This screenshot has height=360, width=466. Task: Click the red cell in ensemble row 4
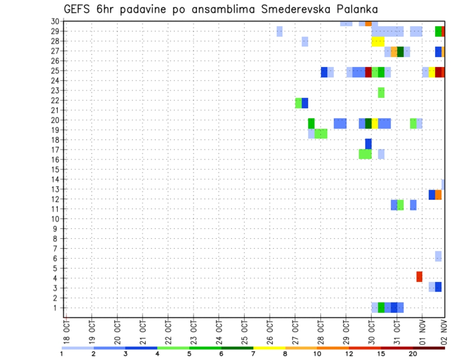pos(419,277)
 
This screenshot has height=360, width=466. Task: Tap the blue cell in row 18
pos(368,144)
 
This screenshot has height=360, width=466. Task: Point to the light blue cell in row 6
pos(438,256)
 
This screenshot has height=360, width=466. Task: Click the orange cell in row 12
pos(438,195)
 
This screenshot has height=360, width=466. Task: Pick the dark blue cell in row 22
pos(305,103)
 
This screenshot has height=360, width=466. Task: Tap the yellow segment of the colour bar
pos(269,348)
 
